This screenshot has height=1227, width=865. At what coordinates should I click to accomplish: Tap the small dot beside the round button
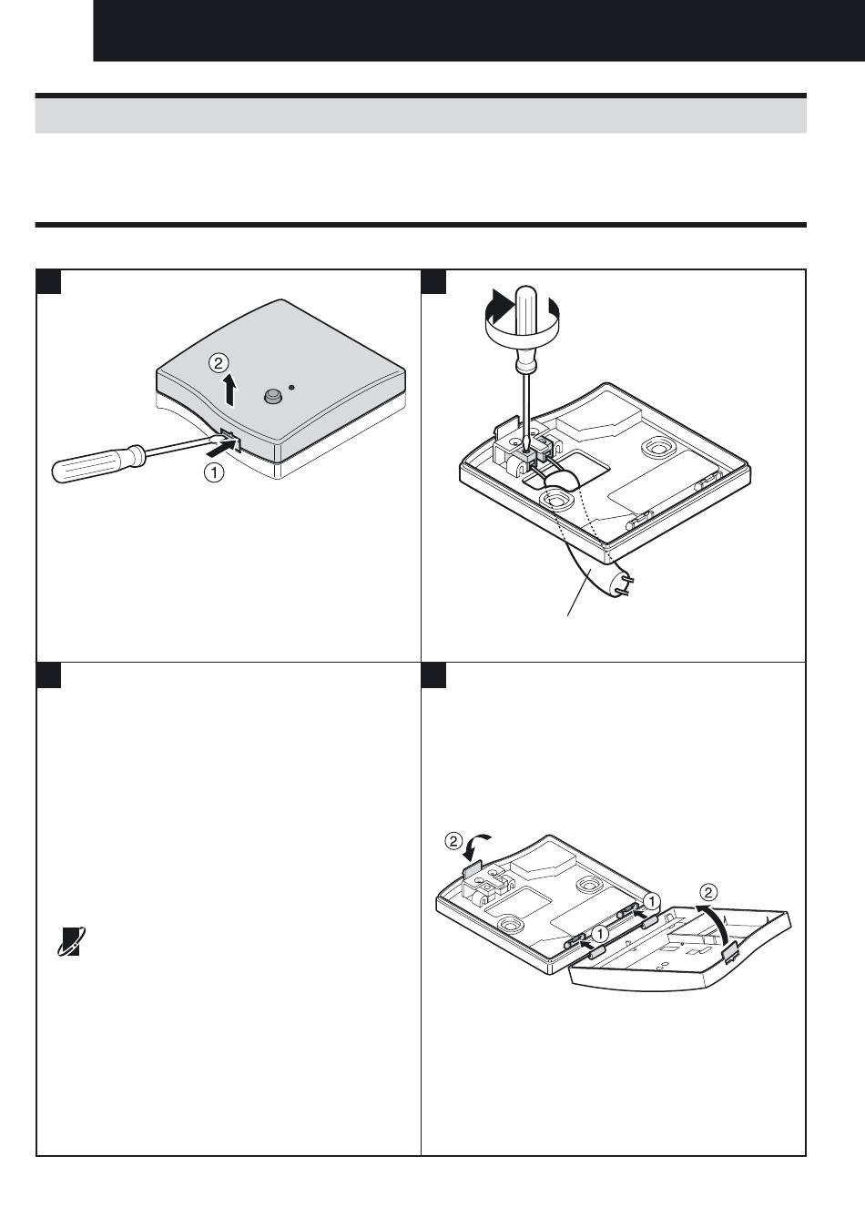point(291,387)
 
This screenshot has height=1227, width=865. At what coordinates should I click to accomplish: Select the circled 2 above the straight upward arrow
point(218,362)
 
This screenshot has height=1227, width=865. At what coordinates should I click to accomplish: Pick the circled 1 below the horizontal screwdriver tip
point(214,472)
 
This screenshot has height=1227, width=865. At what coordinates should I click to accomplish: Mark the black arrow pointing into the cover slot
point(225,451)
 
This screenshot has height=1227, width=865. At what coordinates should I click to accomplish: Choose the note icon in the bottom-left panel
point(71,941)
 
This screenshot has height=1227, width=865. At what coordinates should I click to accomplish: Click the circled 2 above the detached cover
point(708,893)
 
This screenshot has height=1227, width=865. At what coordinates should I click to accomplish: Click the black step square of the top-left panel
point(48,281)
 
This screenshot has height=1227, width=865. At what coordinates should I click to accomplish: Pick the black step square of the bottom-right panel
point(433,674)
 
